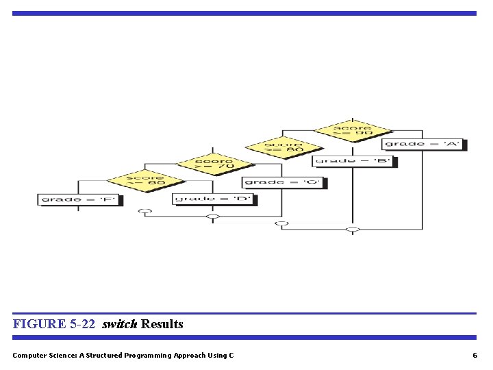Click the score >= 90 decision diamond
pos(353,130)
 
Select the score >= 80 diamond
pos(283,147)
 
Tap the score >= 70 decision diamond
pos(214,163)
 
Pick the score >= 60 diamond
pos(145,180)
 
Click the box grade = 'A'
pos(423,144)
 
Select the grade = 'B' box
pos(354,162)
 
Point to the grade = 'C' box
pos(283,182)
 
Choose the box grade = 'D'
pos(214,199)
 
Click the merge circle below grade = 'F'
pos(144,211)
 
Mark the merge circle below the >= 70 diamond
pos(214,217)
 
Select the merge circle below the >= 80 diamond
pos(282,223)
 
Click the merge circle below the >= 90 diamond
pos(353,229)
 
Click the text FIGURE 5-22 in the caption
pos(53,324)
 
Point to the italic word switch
pos(120,324)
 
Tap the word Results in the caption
pos(162,324)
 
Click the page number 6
pos(475,355)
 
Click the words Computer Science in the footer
pos(41,355)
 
